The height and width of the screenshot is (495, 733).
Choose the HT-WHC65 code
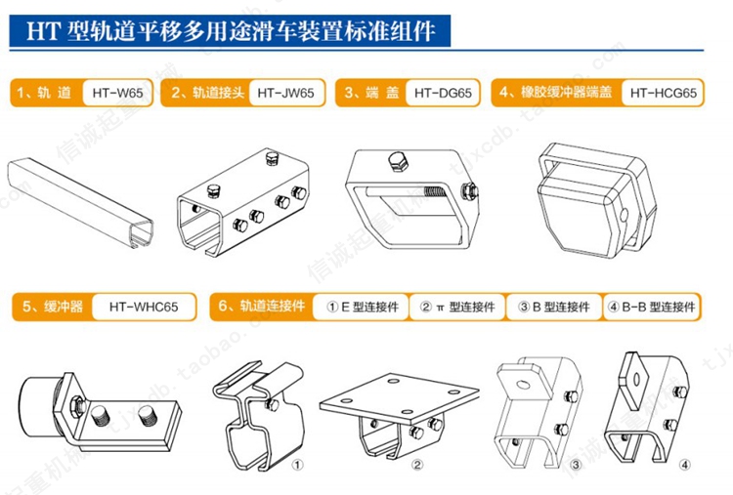pyautogui.click(x=142, y=307)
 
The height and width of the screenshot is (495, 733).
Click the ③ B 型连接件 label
pyautogui.click(x=554, y=307)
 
